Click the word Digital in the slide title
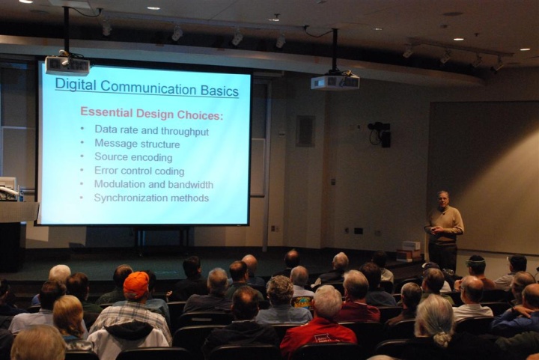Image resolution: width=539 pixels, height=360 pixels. point(76,85)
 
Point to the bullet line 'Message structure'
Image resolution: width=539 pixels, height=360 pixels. point(137,144)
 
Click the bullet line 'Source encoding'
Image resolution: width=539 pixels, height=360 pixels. point(133,157)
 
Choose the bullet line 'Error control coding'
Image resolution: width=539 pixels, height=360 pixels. point(139,171)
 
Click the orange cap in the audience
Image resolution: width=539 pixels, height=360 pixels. point(136,284)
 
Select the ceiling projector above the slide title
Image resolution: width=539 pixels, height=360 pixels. point(67,65)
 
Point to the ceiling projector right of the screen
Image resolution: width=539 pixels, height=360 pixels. point(335,82)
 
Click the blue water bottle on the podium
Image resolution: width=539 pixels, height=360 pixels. point(21,194)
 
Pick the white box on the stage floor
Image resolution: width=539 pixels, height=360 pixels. point(411,245)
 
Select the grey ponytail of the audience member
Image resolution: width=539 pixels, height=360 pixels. point(442,338)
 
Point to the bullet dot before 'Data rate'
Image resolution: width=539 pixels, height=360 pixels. point(82,129)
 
